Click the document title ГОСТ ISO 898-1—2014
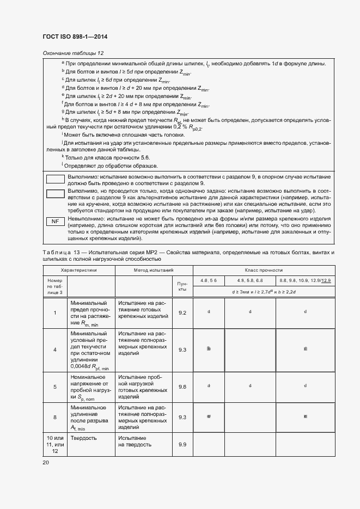tap(75, 36)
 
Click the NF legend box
tap(54, 222)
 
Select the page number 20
tap(46, 462)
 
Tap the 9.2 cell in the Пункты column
tap(182, 312)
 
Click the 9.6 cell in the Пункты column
tap(182, 387)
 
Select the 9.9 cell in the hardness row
tap(182, 445)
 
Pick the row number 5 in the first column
tap(54, 387)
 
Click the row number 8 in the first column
tap(54, 418)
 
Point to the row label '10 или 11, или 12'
tap(54, 444)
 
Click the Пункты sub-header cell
tap(182, 286)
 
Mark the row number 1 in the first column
tap(54, 312)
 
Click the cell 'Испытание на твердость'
tap(132, 441)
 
